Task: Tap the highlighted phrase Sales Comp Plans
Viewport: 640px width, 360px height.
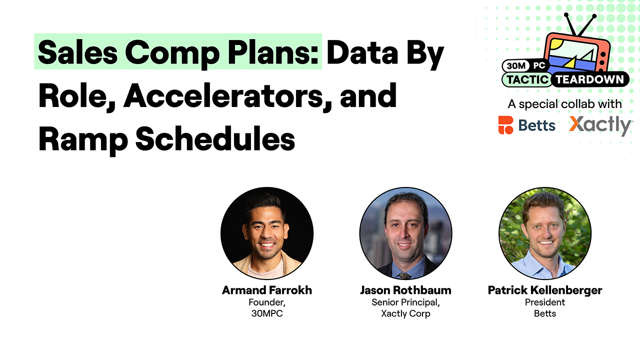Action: point(178,52)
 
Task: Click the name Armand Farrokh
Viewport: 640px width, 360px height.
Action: point(267,290)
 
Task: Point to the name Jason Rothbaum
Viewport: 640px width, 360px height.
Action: point(405,290)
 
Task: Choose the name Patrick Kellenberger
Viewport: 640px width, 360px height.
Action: point(545,290)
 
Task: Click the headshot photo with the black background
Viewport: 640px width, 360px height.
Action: point(267,233)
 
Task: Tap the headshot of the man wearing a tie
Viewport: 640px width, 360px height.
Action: point(405,233)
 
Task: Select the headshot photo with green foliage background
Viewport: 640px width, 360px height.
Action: point(545,233)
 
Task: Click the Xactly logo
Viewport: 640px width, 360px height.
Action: point(600,125)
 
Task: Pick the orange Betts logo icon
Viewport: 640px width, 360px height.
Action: point(505,125)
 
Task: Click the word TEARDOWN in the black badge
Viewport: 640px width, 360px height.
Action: point(589,79)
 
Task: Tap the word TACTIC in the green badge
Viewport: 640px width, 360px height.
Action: point(527,79)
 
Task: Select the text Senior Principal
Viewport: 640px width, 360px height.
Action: point(405,302)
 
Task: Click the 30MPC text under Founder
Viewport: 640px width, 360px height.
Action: point(267,314)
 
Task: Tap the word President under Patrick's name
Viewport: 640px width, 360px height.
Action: point(545,302)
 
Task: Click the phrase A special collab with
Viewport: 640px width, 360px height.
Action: point(564,104)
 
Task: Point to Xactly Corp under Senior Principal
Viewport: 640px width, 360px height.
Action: point(405,314)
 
